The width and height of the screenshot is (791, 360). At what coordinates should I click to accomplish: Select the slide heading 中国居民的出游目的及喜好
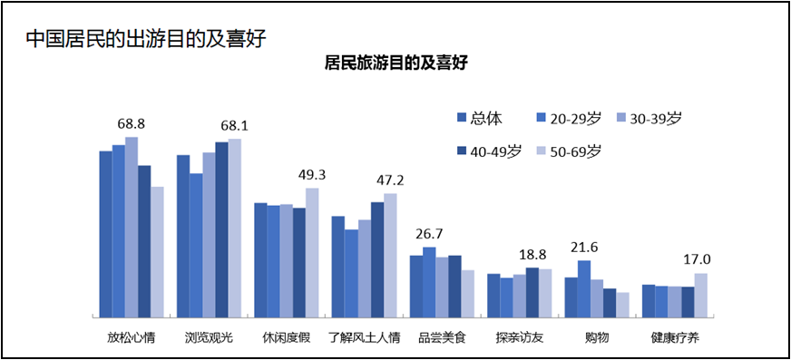point(146,39)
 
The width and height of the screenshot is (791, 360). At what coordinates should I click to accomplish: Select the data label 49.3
point(312,174)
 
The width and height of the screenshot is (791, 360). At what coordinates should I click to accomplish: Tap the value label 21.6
point(584,247)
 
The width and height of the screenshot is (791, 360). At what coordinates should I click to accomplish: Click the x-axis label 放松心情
point(132,338)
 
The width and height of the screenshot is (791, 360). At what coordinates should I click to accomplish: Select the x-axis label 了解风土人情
point(364,338)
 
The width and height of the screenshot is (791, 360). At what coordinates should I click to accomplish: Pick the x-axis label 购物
point(597,338)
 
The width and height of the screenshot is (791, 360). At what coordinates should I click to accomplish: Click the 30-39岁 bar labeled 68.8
point(132,227)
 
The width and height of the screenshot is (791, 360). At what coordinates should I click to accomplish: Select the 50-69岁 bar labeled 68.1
point(235,228)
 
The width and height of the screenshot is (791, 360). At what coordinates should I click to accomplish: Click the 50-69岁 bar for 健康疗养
point(700,295)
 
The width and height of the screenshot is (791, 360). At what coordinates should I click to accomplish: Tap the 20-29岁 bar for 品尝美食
point(429,282)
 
